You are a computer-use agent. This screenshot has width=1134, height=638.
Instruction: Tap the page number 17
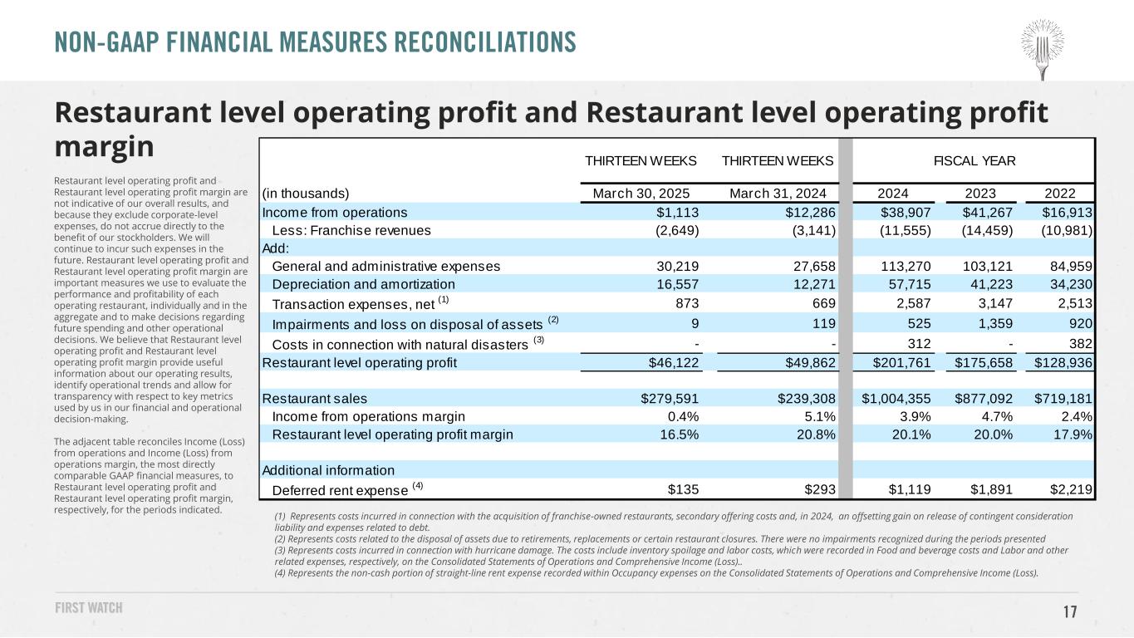pos(1070,612)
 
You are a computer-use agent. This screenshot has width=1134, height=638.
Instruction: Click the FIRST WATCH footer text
pos(89,608)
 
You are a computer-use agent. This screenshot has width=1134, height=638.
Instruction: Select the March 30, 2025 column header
pos(646,194)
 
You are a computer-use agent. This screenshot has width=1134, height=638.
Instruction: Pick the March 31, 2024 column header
pos(783,194)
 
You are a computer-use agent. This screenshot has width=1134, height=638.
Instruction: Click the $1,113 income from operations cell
pos(679,212)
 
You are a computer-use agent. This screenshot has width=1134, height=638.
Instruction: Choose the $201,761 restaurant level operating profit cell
pos(901,362)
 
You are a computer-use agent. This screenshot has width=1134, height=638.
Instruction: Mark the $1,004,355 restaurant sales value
pos(896,399)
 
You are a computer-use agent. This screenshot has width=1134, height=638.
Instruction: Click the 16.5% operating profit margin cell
pos(679,434)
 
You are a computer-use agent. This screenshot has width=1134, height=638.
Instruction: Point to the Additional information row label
pos(317,470)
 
